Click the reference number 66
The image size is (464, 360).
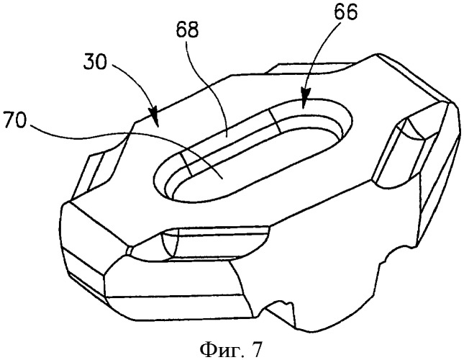click(x=345, y=12)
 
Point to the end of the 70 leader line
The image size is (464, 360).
click(x=222, y=179)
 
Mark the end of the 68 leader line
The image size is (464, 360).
click(x=226, y=137)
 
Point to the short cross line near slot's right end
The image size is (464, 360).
click(x=275, y=121)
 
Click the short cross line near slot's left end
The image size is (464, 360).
click(x=186, y=164)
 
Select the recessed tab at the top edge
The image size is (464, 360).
click(x=311, y=68)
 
